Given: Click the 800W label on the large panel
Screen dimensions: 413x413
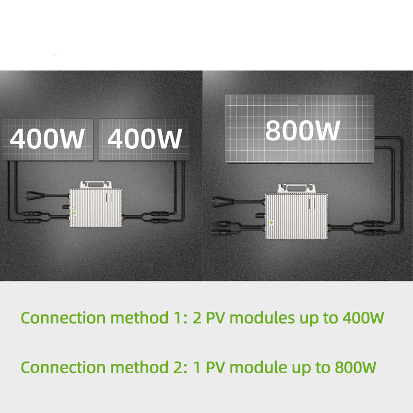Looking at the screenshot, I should [x=303, y=131].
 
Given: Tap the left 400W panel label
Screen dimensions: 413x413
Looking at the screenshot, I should [x=47, y=138].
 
